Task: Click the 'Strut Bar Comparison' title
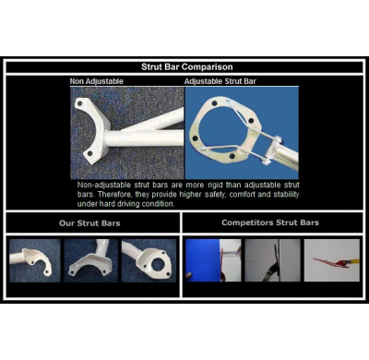185,66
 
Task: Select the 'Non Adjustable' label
95,81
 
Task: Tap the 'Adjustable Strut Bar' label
220,81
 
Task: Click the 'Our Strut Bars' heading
92,222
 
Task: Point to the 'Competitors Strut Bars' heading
270,222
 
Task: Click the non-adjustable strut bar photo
127,132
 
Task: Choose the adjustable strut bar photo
242,132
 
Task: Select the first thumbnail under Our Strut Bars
35,260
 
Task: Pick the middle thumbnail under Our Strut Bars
91,260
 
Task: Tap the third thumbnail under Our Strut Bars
148,260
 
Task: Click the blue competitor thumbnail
213,260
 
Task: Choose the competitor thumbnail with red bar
331,260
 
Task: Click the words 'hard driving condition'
138,204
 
